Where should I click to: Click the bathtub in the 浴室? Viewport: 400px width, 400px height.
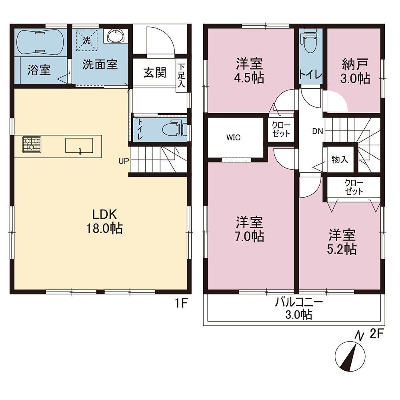(39, 42)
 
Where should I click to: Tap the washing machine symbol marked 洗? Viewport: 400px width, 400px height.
(87, 40)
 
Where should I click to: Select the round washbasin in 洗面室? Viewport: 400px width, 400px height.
(116, 36)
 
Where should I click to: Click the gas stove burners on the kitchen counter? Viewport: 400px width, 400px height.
(32, 145)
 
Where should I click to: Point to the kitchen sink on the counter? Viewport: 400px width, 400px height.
(79, 146)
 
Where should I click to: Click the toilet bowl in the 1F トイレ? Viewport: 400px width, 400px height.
(172, 128)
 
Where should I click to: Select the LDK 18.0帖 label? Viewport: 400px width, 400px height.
(104, 221)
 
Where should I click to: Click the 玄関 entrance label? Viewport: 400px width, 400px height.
(155, 73)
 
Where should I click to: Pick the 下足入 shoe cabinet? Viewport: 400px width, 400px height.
(181, 76)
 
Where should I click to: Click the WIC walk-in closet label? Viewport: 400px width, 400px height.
(234, 138)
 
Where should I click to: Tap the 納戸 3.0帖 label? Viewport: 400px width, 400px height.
(354, 71)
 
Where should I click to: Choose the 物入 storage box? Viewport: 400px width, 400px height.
(340, 160)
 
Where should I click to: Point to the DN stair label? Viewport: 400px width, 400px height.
(318, 131)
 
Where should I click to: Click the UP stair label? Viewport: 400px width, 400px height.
(124, 161)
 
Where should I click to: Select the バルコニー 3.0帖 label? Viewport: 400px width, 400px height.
(299, 309)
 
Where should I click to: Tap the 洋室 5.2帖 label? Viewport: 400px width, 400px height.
(342, 242)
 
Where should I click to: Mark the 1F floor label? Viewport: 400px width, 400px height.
(181, 304)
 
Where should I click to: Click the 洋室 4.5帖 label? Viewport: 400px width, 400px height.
(249, 71)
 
